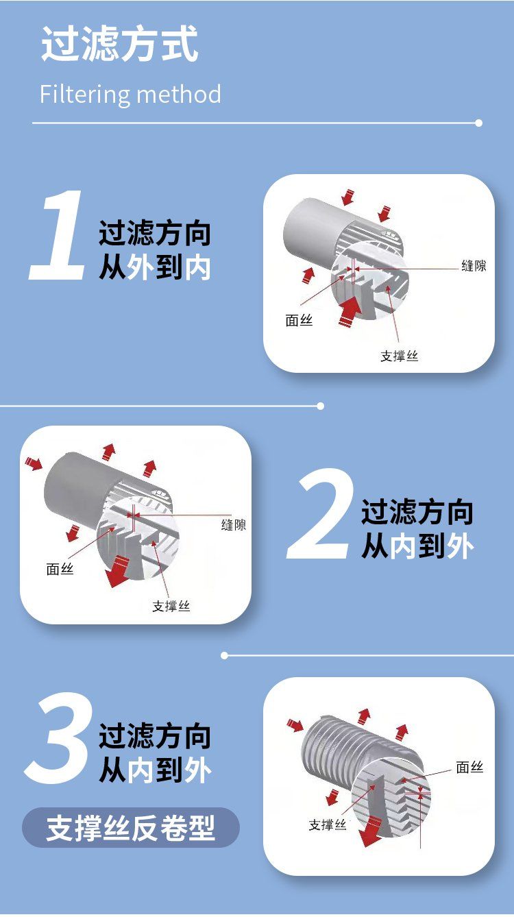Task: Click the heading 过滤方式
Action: coord(119,44)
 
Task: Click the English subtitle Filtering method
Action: coord(130,94)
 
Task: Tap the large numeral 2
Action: coord(319,514)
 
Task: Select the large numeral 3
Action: coord(58,737)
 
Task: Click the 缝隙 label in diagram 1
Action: coord(474,266)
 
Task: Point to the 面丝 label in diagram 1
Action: coord(299,320)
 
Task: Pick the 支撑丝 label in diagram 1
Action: coord(399,356)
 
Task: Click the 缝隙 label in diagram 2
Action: coord(234,525)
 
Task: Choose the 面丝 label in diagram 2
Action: coord(60,569)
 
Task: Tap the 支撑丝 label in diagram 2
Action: coord(171,606)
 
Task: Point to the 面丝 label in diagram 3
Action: coord(469,767)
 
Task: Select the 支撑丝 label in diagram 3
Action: coord(328,824)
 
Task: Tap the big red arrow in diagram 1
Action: coord(349,310)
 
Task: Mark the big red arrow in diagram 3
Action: coord(370,831)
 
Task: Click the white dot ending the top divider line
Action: coord(479,123)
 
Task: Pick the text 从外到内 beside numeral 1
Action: coord(155,268)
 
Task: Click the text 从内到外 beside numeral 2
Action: coord(417,546)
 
